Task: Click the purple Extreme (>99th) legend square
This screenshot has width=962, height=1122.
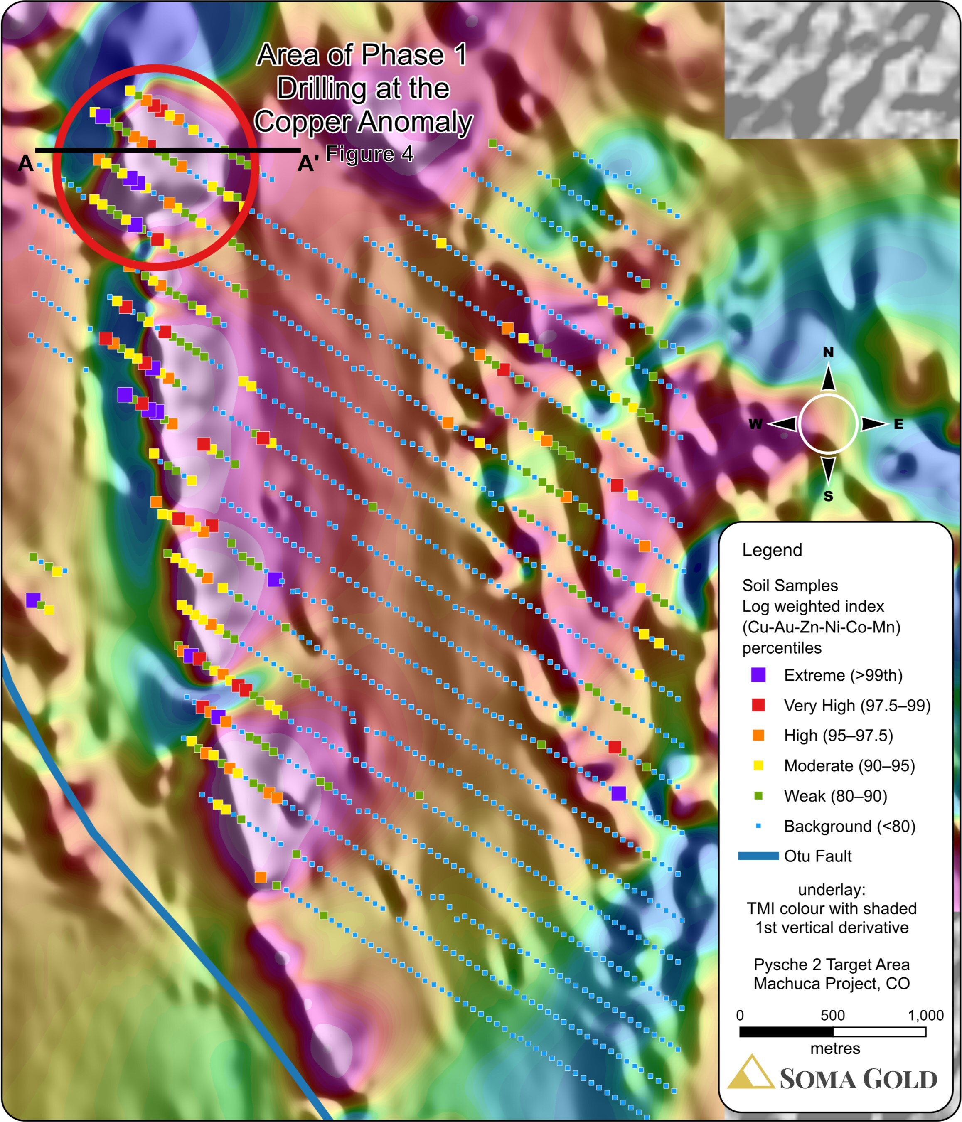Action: point(758,675)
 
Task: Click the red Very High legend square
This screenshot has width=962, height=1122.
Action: point(758,705)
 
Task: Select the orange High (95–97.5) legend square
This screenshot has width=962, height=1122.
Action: point(758,735)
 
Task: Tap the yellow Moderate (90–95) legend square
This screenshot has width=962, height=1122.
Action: point(758,765)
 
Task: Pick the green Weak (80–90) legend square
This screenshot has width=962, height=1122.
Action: point(758,795)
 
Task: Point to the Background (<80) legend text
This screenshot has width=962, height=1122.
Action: point(849,826)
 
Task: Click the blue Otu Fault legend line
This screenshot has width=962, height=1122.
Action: point(758,856)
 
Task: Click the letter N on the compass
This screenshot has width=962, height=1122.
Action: point(828,352)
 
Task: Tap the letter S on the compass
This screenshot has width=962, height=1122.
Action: point(828,497)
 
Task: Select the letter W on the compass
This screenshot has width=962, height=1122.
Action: point(755,424)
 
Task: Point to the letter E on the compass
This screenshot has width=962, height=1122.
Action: point(899,424)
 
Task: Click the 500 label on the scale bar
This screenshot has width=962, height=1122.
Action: point(832,1015)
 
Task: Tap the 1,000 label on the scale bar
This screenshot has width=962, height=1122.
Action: point(925,1015)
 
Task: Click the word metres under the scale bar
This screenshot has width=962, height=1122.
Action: point(835,1049)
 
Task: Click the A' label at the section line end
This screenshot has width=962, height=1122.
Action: point(308,163)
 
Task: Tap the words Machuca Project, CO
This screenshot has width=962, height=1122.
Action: point(832,983)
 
